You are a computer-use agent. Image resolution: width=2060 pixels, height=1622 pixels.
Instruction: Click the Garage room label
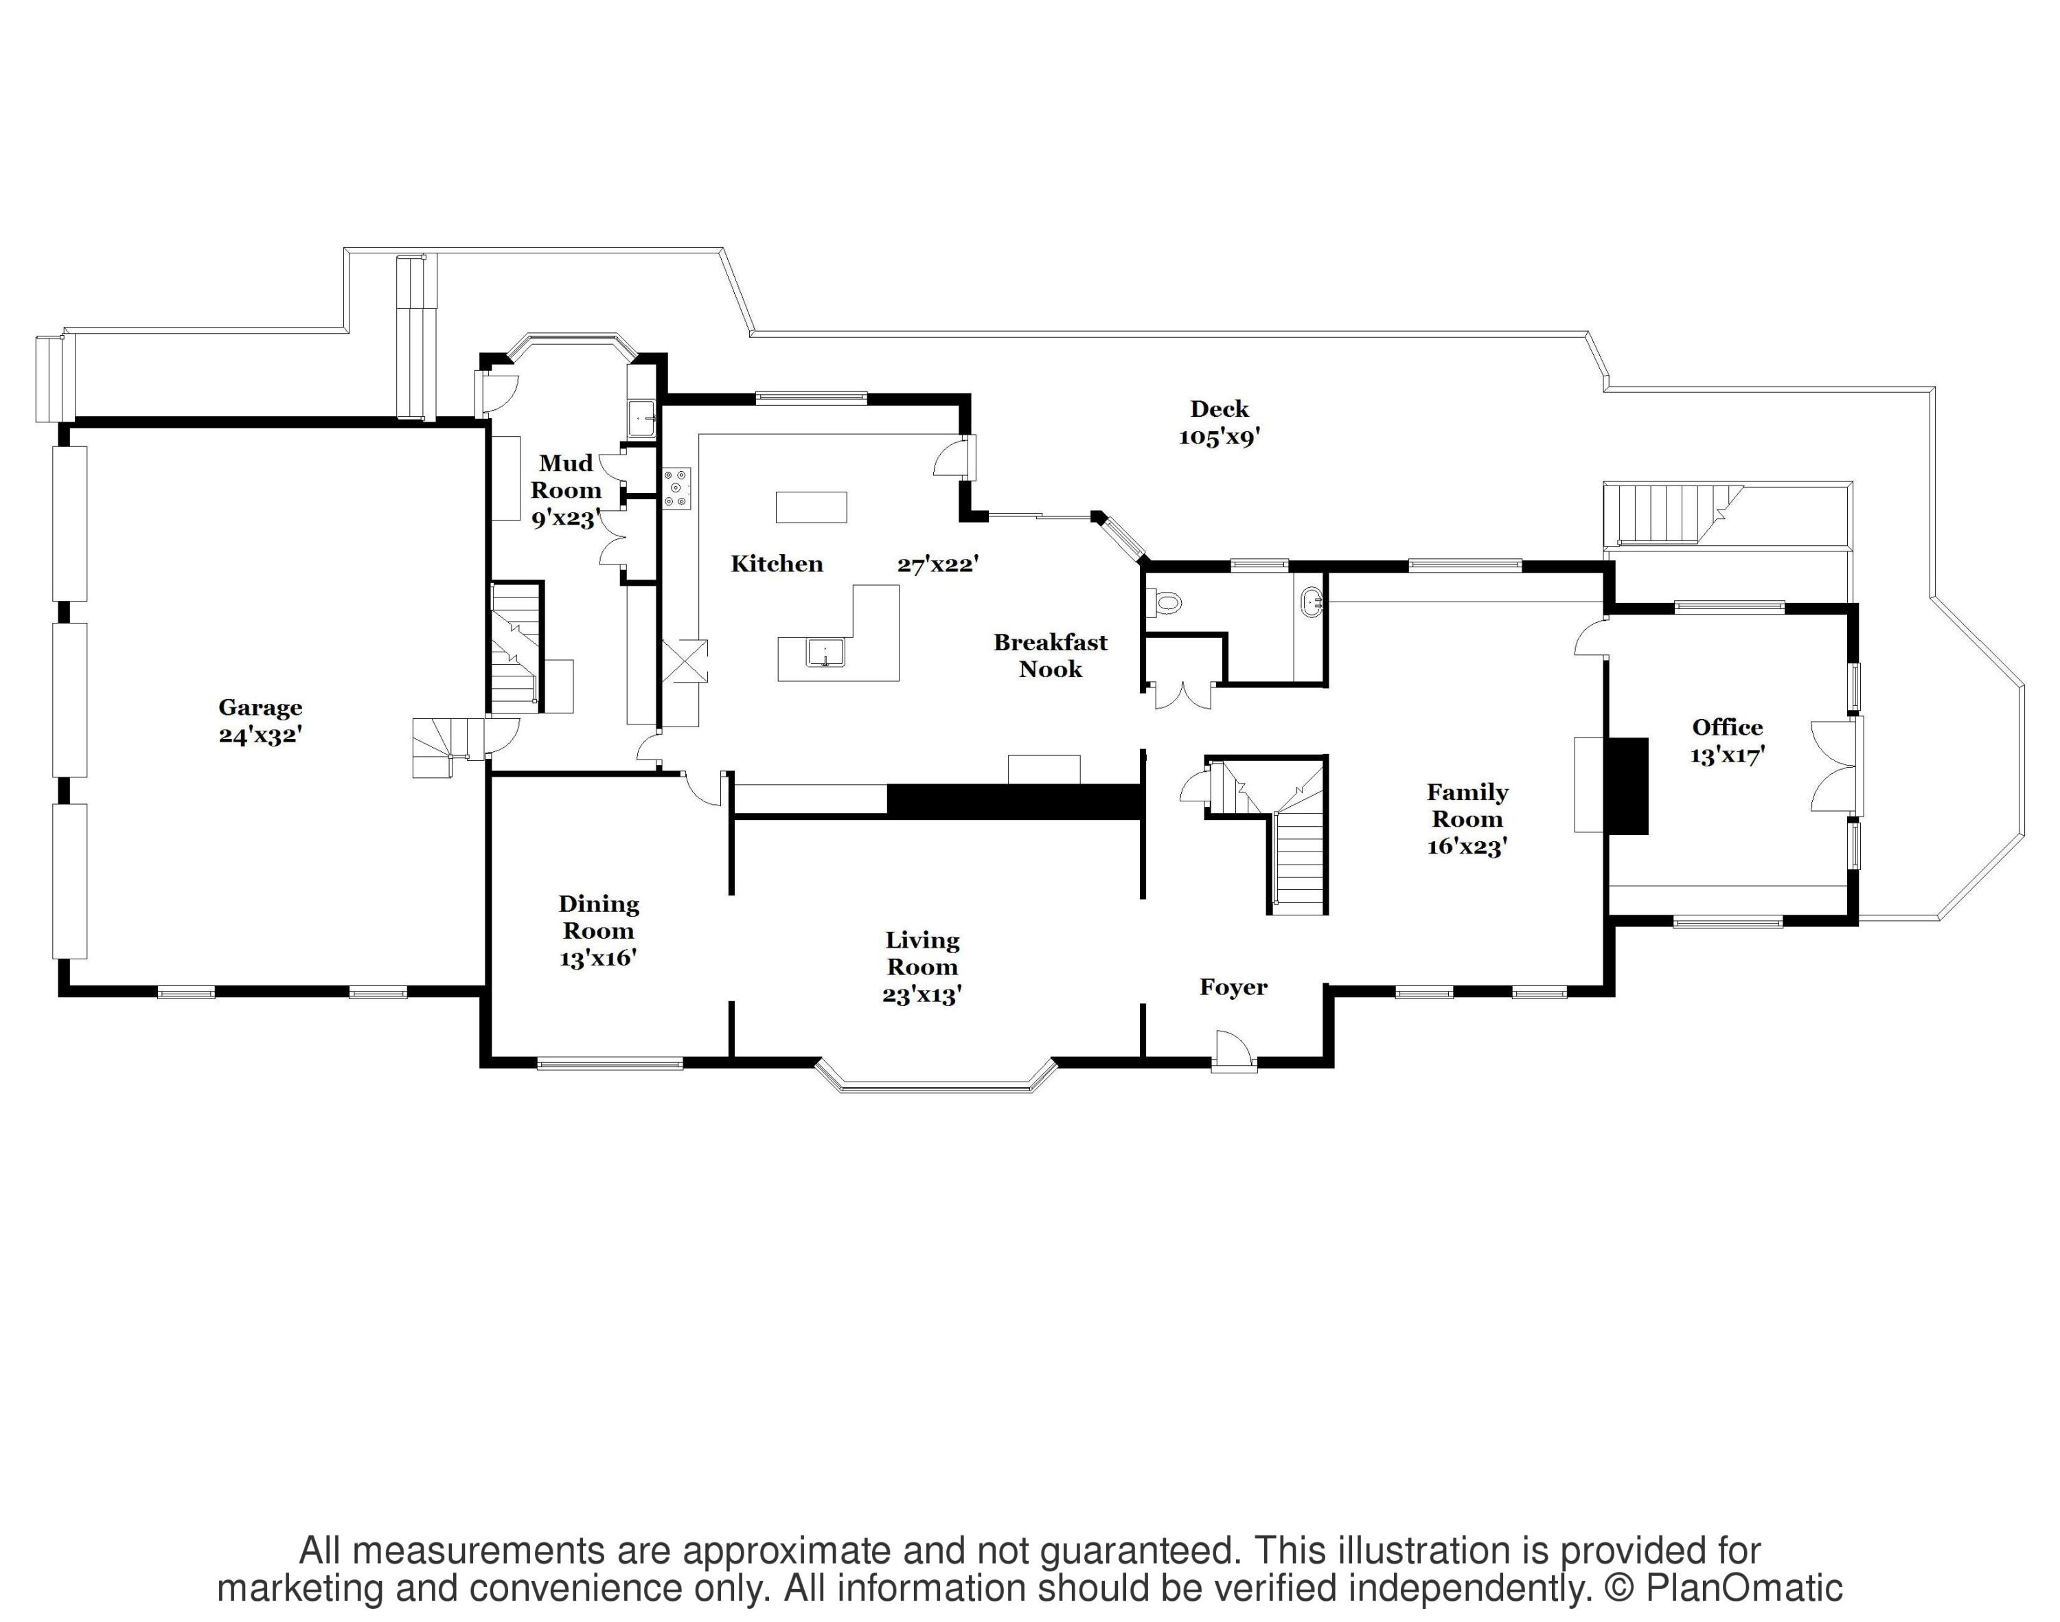[x=260, y=707]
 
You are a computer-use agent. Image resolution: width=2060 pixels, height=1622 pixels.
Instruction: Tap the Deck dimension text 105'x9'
[x=1219, y=437]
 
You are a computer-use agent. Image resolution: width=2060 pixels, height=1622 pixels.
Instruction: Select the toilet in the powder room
[x=1165, y=601]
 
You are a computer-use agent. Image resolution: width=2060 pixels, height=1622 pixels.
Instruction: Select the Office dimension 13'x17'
[x=1727, y=755]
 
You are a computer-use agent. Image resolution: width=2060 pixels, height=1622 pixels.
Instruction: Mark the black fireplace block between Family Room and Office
[x=1627, y=786]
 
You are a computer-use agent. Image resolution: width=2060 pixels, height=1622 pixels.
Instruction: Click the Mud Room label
[x=566, y=477]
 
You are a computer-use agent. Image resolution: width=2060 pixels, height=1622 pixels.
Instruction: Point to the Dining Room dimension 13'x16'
[x=597, y=957]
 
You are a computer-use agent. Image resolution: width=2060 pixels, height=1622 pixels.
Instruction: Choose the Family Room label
[x=1467, y=806]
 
